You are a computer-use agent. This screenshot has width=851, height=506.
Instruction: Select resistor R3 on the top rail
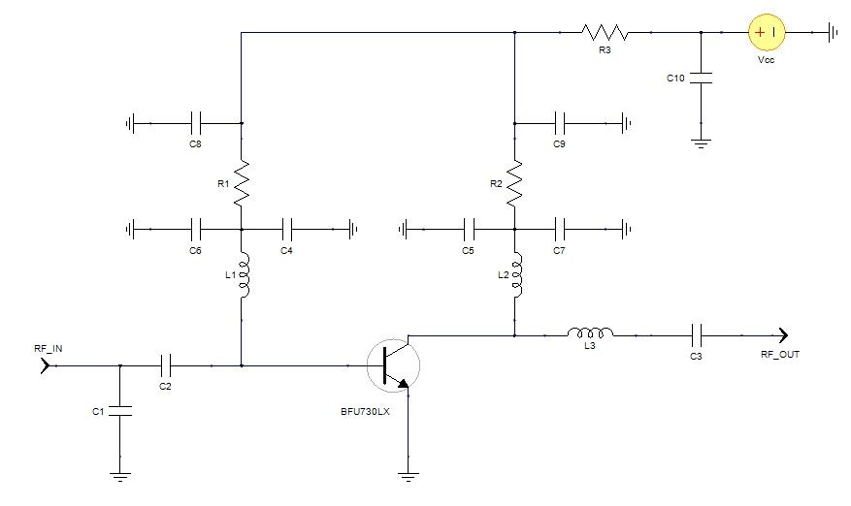(x=605, y=33)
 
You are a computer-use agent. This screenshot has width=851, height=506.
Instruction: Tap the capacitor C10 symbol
(x=701, y=78)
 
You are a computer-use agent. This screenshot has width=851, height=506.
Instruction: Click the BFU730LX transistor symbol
(x=394, y=365)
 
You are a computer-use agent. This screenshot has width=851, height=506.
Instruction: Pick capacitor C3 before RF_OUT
(x=696, y=335)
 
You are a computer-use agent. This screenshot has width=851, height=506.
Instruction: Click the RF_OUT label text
(x=780, y=355)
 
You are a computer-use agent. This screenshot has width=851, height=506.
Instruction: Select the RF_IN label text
(x=49, y=346)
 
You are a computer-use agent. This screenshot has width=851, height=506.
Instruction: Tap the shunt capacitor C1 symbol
(x=119, y=412)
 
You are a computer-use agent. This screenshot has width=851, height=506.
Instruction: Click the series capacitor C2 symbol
(x=166, y=365)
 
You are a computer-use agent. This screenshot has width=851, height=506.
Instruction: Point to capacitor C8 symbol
(x=196, y=123)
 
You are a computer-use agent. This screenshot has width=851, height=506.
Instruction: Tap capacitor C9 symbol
(x=560, y=123)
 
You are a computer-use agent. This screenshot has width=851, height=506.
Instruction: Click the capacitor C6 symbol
(x=196, y=230)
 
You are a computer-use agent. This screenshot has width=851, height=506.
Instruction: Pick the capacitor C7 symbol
(x=560, y=230)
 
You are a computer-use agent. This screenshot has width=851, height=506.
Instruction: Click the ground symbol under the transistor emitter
(x=409, y=475)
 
